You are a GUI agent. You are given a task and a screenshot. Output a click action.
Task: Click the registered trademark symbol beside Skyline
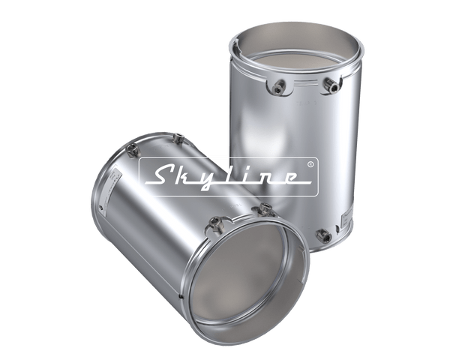310,162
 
